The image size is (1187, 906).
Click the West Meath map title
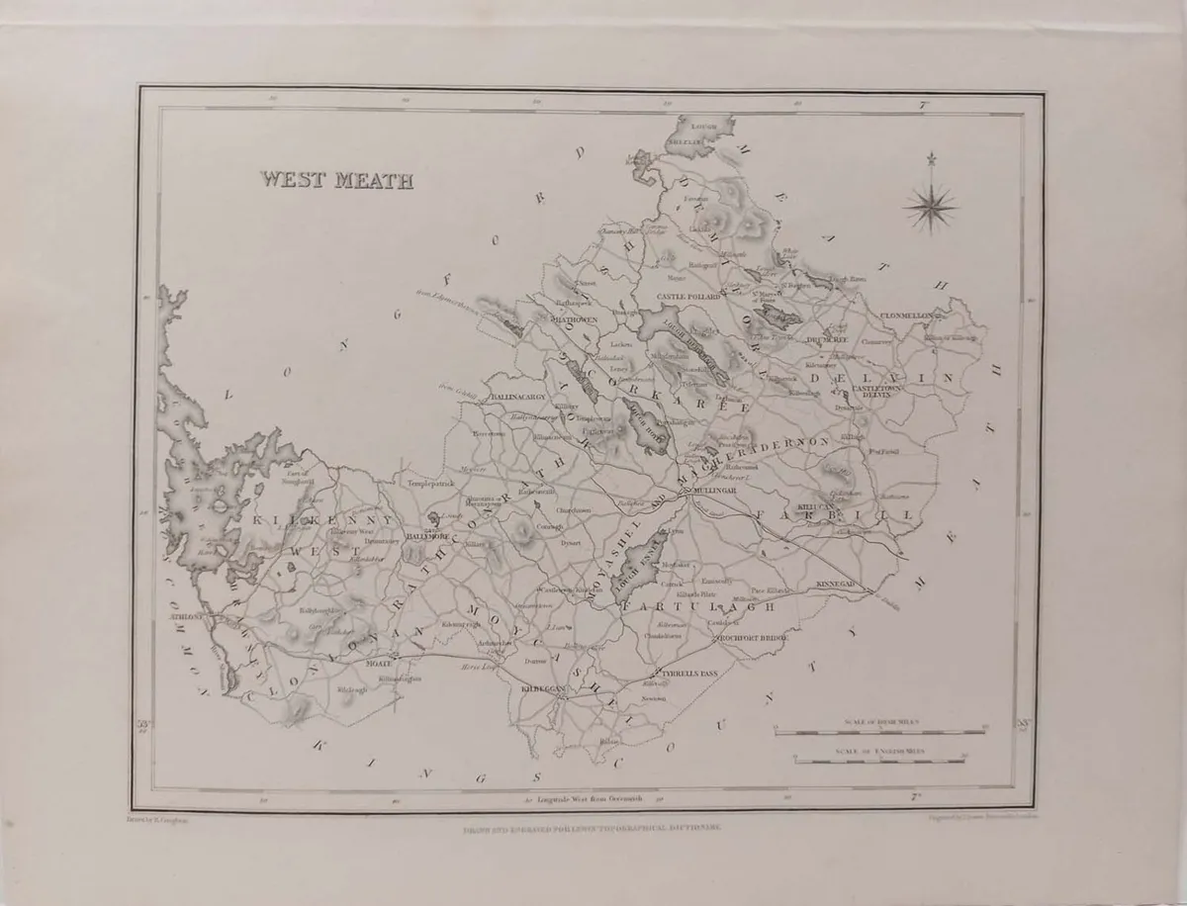click(x=337, y=180)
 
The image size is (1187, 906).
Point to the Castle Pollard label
click(x=690, y=297)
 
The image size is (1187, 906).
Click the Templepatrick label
click(x=429, y=484)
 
